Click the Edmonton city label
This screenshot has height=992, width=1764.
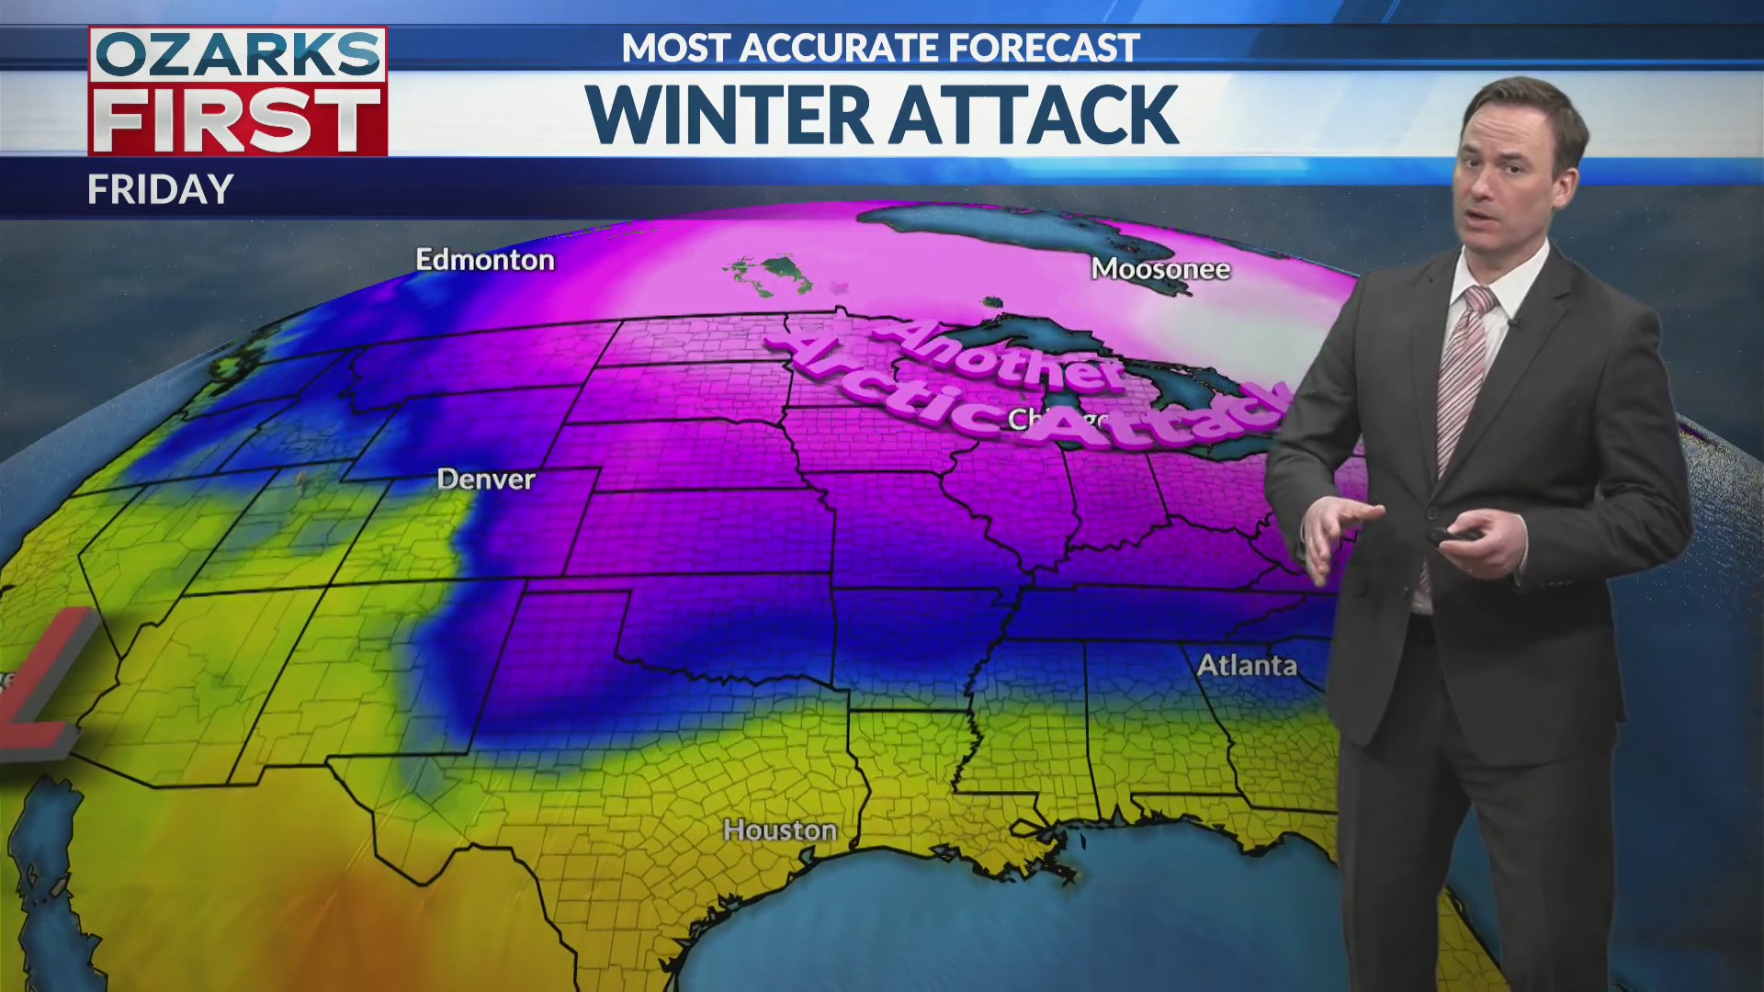click(x=485, y=260)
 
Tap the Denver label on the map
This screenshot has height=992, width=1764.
click(x=485, y=479)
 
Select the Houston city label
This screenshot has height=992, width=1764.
click(x=780, y=830)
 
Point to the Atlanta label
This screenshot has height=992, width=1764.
click(x=1247, y=665)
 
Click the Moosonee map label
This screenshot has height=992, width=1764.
click(x=1160, y=269)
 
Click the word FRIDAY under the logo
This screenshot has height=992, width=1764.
click(x=161, y=189)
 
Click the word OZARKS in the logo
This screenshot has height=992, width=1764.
click(x=238, y=56)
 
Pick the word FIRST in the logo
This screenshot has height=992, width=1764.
click(x=238, y=120)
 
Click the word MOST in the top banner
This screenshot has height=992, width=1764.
click(x=675, y=48)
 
